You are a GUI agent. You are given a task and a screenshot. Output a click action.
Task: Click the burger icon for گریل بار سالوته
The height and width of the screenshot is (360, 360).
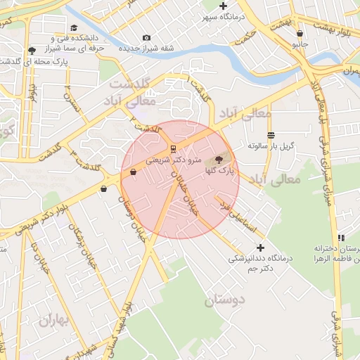(271, 135)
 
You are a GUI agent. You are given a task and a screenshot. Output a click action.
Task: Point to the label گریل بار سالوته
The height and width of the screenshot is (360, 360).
(270, 146)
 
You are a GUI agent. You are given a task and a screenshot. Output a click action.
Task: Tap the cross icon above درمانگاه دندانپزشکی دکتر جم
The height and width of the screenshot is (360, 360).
(261, 247)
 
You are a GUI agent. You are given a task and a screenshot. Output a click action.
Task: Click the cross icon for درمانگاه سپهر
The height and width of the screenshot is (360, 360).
(223, 6)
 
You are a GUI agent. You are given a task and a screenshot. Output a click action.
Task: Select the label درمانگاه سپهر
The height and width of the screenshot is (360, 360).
(222, 15)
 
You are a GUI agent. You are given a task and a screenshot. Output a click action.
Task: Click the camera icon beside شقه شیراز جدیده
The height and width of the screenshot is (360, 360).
(146, 37)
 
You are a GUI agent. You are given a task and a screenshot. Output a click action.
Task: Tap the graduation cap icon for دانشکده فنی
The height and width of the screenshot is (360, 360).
(74, 29)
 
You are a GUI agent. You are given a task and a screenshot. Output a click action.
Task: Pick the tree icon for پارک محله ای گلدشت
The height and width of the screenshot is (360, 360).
(32, 51)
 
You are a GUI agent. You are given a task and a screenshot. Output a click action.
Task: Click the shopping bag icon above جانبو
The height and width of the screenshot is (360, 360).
(300, 33)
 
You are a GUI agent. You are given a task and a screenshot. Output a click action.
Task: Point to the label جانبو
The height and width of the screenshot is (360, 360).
(300, 43)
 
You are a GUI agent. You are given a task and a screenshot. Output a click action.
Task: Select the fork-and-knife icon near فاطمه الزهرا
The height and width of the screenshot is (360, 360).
(341, 238)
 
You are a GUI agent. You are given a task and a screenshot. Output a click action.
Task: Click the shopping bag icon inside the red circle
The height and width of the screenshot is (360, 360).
(133, 172)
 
